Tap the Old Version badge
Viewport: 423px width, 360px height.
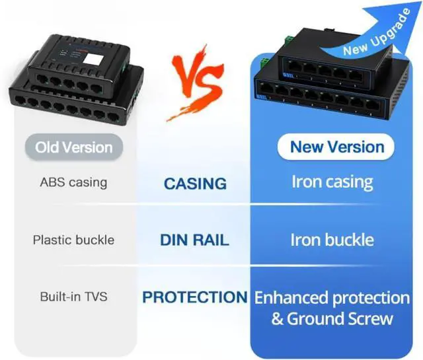pyautogui.click(x=74, y=147)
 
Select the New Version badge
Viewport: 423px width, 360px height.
pyautogui.click(x=336, y=147)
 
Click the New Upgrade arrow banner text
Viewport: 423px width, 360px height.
pyautogui.click(x=377, y=32)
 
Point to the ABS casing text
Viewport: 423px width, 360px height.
pyautogui.click(x=73, y=182)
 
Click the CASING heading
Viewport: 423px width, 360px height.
pyautogui.click(x=196, y=184)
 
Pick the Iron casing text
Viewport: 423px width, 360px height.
pyautogui.click(x=332, y=182)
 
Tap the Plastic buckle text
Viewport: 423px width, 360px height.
pyautogui.click(x=73, y=240)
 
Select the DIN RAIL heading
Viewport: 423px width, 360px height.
pyautogui.click(x=194, y=240)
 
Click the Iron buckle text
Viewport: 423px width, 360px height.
pyautogui.click(x=332, y=240)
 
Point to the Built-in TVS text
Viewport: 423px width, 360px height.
pyautogui.click(x=73, y=297)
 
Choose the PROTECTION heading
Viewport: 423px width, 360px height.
pyautogui.click(x=195, y=297)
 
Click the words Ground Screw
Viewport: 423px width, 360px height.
pyautogui.click(x=340, y=319)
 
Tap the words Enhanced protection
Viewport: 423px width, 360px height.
pyautogui.click(x=332, y=299)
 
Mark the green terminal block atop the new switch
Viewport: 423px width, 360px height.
pyautogui.click(x=289, y=40)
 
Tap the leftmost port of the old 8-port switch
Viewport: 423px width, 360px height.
pyautogui.click(x=20, y=100)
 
